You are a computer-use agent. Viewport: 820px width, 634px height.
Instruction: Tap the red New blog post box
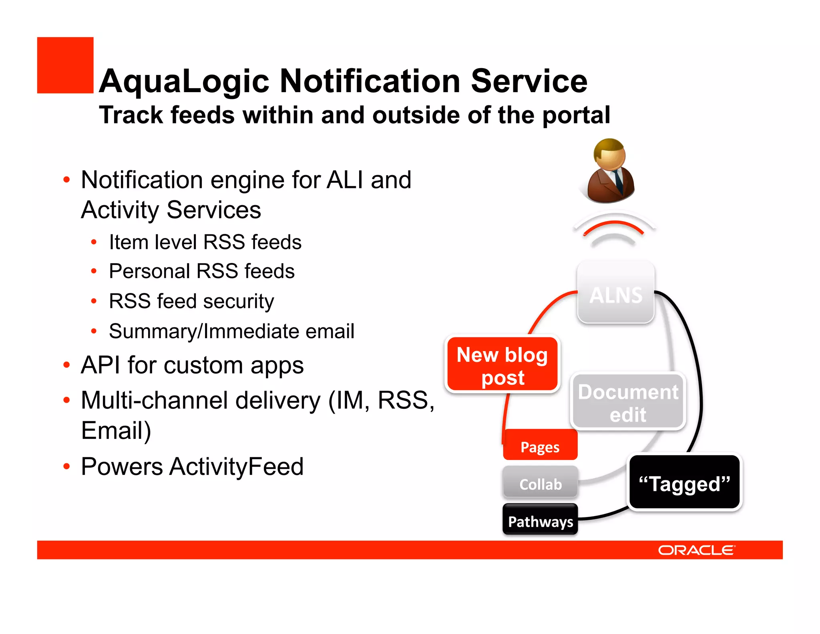[x=502, y=365]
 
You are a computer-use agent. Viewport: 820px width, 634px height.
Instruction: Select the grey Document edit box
[x=628, y=402]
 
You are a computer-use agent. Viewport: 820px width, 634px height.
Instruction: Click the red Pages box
[x=540, y=446]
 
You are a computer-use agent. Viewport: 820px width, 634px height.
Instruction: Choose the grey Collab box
[x=540, y=484]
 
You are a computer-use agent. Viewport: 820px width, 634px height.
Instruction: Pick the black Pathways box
[x=540, y=521]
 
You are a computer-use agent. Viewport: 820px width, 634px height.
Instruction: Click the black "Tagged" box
[x=684, y=483]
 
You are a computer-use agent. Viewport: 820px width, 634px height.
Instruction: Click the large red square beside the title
[x=65, y=65]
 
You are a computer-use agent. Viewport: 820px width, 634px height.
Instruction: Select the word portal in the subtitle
[x=576, y=115]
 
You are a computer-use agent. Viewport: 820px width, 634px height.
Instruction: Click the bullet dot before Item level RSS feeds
[x=94, y=242]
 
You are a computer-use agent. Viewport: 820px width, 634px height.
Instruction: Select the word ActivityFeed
[x=236, y=466]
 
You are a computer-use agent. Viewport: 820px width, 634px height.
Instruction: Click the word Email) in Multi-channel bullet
[x=116, y=430]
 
